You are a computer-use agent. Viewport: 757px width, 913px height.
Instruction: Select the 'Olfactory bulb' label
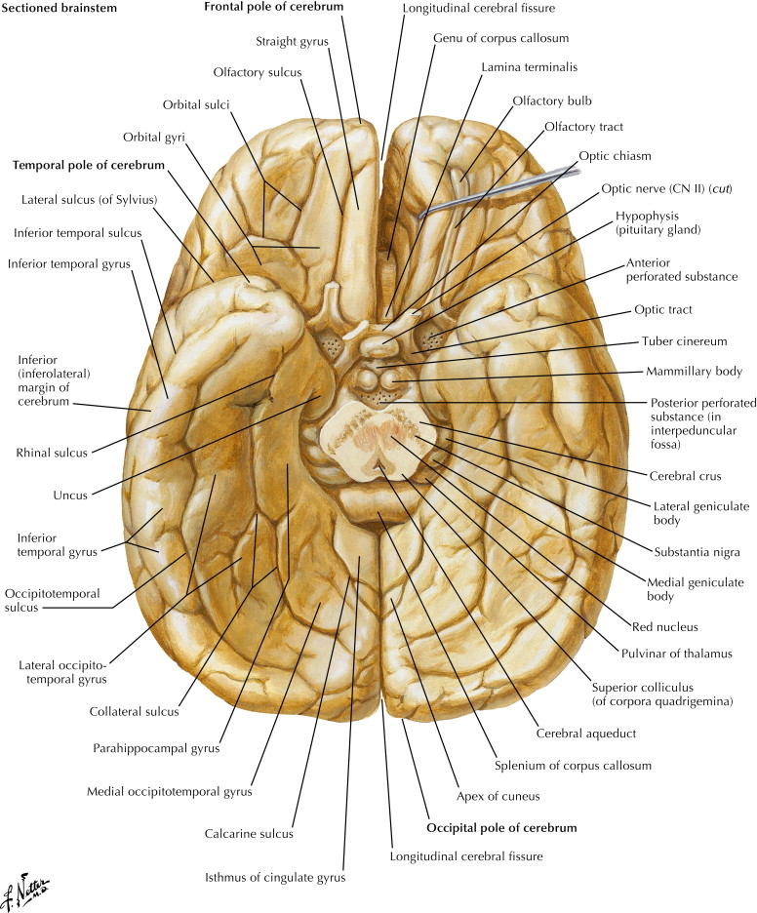(x=552, y=100)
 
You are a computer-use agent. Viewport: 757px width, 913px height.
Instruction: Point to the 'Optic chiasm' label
(x=615, y=155)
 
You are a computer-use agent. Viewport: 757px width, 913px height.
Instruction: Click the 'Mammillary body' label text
(x=693, y=372)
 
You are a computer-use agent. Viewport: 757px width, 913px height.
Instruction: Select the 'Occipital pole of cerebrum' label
(x=501, y=827)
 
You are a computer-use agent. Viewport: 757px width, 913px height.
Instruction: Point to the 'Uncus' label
(x=70, y=495)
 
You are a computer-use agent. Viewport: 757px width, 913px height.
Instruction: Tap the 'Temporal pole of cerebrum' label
(x=89, y=166)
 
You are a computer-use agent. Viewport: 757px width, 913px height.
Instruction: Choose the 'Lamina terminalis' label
(x=530, y=66)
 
